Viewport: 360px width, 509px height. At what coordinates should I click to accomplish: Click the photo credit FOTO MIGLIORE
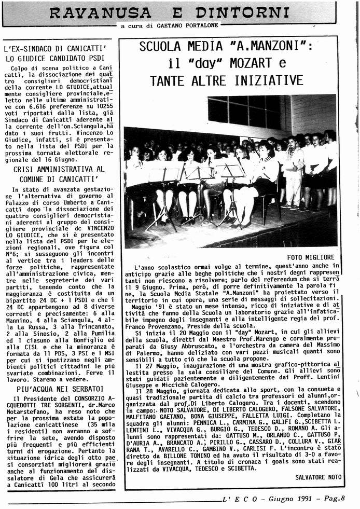311,257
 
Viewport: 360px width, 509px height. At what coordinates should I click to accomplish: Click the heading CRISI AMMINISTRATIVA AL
59,169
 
